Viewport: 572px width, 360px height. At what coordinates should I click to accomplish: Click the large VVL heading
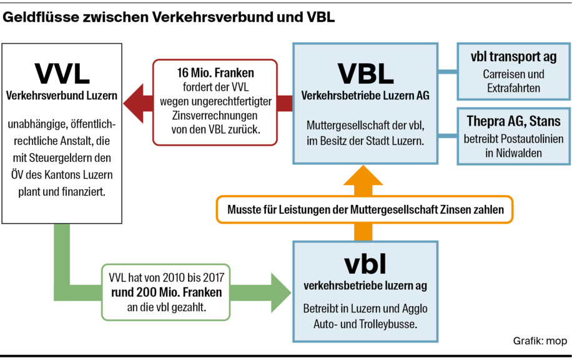(61, 73)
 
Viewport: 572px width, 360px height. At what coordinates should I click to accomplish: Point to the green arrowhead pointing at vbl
(280, 292)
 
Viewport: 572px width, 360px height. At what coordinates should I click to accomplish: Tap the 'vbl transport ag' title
(513, 57)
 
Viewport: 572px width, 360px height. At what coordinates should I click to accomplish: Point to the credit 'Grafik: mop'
(539, 341)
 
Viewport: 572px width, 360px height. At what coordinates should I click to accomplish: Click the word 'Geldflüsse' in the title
(41, 17)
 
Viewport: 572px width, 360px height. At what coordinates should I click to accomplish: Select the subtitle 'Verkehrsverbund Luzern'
(61, 96)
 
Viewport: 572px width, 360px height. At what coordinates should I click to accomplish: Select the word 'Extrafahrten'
(513, 88)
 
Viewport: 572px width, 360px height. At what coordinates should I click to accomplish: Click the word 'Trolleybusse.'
(387, 325)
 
